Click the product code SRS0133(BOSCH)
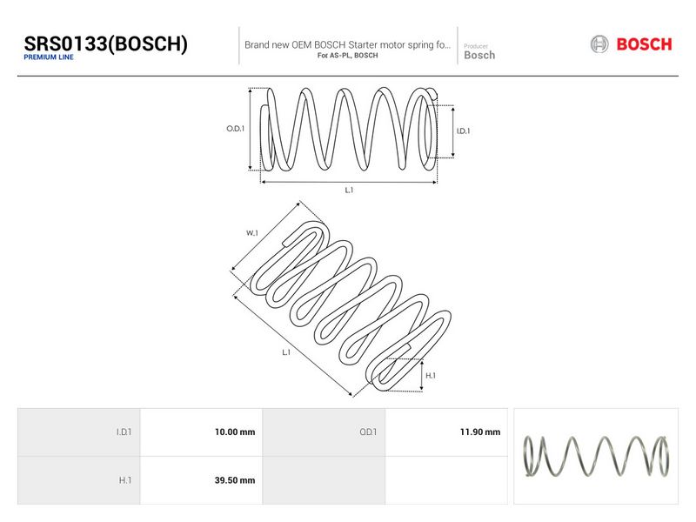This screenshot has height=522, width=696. [105, 44]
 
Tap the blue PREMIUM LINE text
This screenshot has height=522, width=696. [49, 57]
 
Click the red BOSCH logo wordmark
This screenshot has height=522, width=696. [644, 44]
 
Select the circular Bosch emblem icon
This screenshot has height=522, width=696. [599, 44]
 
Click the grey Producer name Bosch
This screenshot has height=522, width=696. [479, 55]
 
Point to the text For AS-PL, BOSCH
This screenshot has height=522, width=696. [347, 56]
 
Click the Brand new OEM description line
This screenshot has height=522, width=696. [347, 45]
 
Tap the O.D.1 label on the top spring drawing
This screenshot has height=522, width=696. [235, 129]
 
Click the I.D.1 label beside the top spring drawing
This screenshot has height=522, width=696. [463, 131]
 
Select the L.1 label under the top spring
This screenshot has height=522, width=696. [350, 190]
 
